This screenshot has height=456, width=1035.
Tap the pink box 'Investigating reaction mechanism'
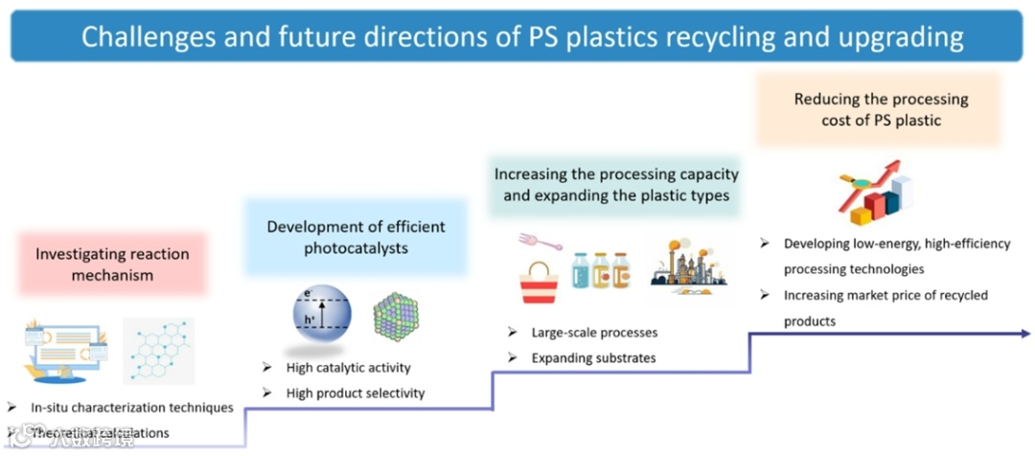coord(112,264)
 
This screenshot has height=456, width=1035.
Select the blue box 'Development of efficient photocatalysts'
coord(356,238)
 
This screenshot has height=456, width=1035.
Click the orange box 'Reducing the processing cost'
coord(881,109)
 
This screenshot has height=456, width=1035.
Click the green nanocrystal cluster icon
coord(395,315)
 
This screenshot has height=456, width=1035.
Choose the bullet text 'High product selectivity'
coord(355,393)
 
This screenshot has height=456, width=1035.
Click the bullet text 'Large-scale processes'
coord(594,332)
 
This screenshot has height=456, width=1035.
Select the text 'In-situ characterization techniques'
coord(131,407)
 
